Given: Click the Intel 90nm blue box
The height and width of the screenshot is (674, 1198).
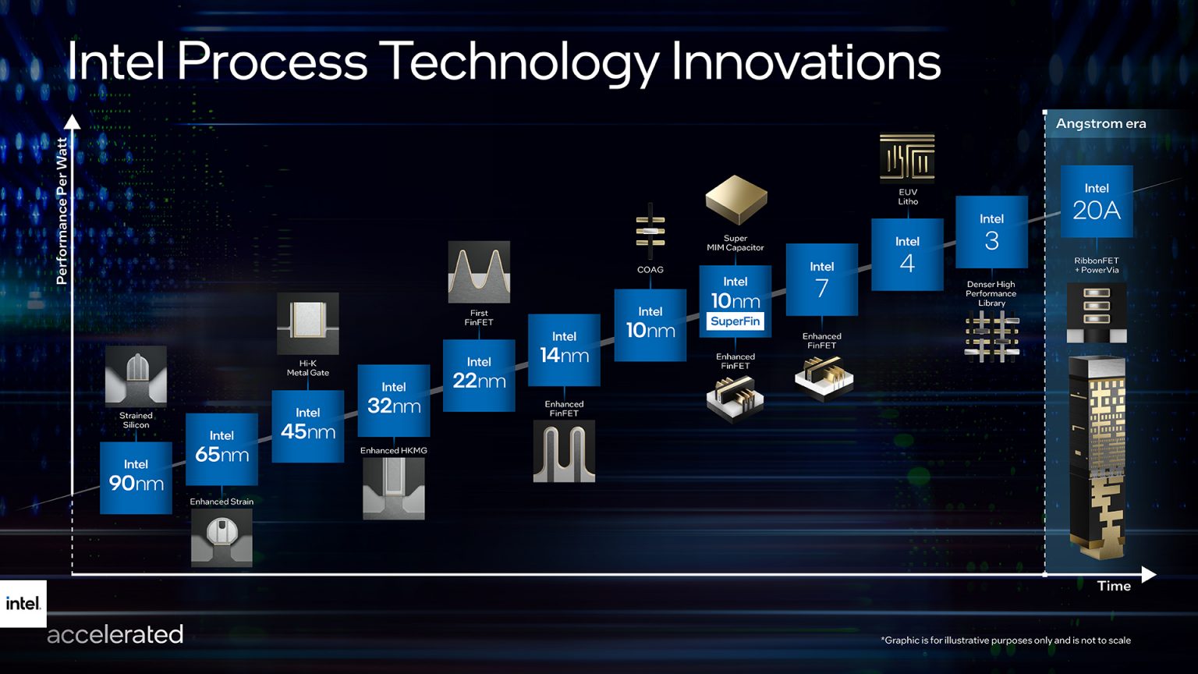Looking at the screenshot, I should (136, 477).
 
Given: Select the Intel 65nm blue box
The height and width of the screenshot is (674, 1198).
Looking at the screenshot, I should (222, 449).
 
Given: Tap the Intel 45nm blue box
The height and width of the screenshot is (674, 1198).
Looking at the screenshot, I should (307, 426).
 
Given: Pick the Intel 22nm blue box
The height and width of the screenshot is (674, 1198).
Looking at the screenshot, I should (479, 374).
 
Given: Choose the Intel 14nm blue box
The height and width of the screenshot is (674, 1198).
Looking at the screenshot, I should (564, 349).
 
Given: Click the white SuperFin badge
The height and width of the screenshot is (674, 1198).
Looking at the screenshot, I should (735, 321).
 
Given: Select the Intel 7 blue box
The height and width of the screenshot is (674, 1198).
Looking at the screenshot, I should (821, 279).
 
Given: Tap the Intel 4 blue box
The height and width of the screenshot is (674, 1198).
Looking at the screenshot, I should (907, 254).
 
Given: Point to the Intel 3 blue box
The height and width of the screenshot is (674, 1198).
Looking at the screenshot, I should (991, 232).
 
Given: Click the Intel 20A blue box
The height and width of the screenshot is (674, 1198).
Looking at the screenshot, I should (1096, 201).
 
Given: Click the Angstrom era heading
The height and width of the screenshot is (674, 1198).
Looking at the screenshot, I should (1101, 123).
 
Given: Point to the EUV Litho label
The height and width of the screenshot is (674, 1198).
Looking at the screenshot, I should (908, 197).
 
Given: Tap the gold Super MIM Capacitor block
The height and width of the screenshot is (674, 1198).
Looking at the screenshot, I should (735, 200).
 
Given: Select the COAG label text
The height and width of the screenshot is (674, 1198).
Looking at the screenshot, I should (650, 270).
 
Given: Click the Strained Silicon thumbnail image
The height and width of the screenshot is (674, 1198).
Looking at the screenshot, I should (136, 376).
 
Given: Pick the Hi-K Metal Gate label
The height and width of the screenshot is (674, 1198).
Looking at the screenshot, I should (307, 368).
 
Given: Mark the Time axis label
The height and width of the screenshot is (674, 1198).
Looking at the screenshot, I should (1113, 586).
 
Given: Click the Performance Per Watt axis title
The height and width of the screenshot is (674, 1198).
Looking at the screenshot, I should (62, 211).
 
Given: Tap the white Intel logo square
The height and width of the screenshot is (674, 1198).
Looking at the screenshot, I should (23, 603).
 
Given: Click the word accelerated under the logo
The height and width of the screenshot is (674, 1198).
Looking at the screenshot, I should (115, 634).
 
